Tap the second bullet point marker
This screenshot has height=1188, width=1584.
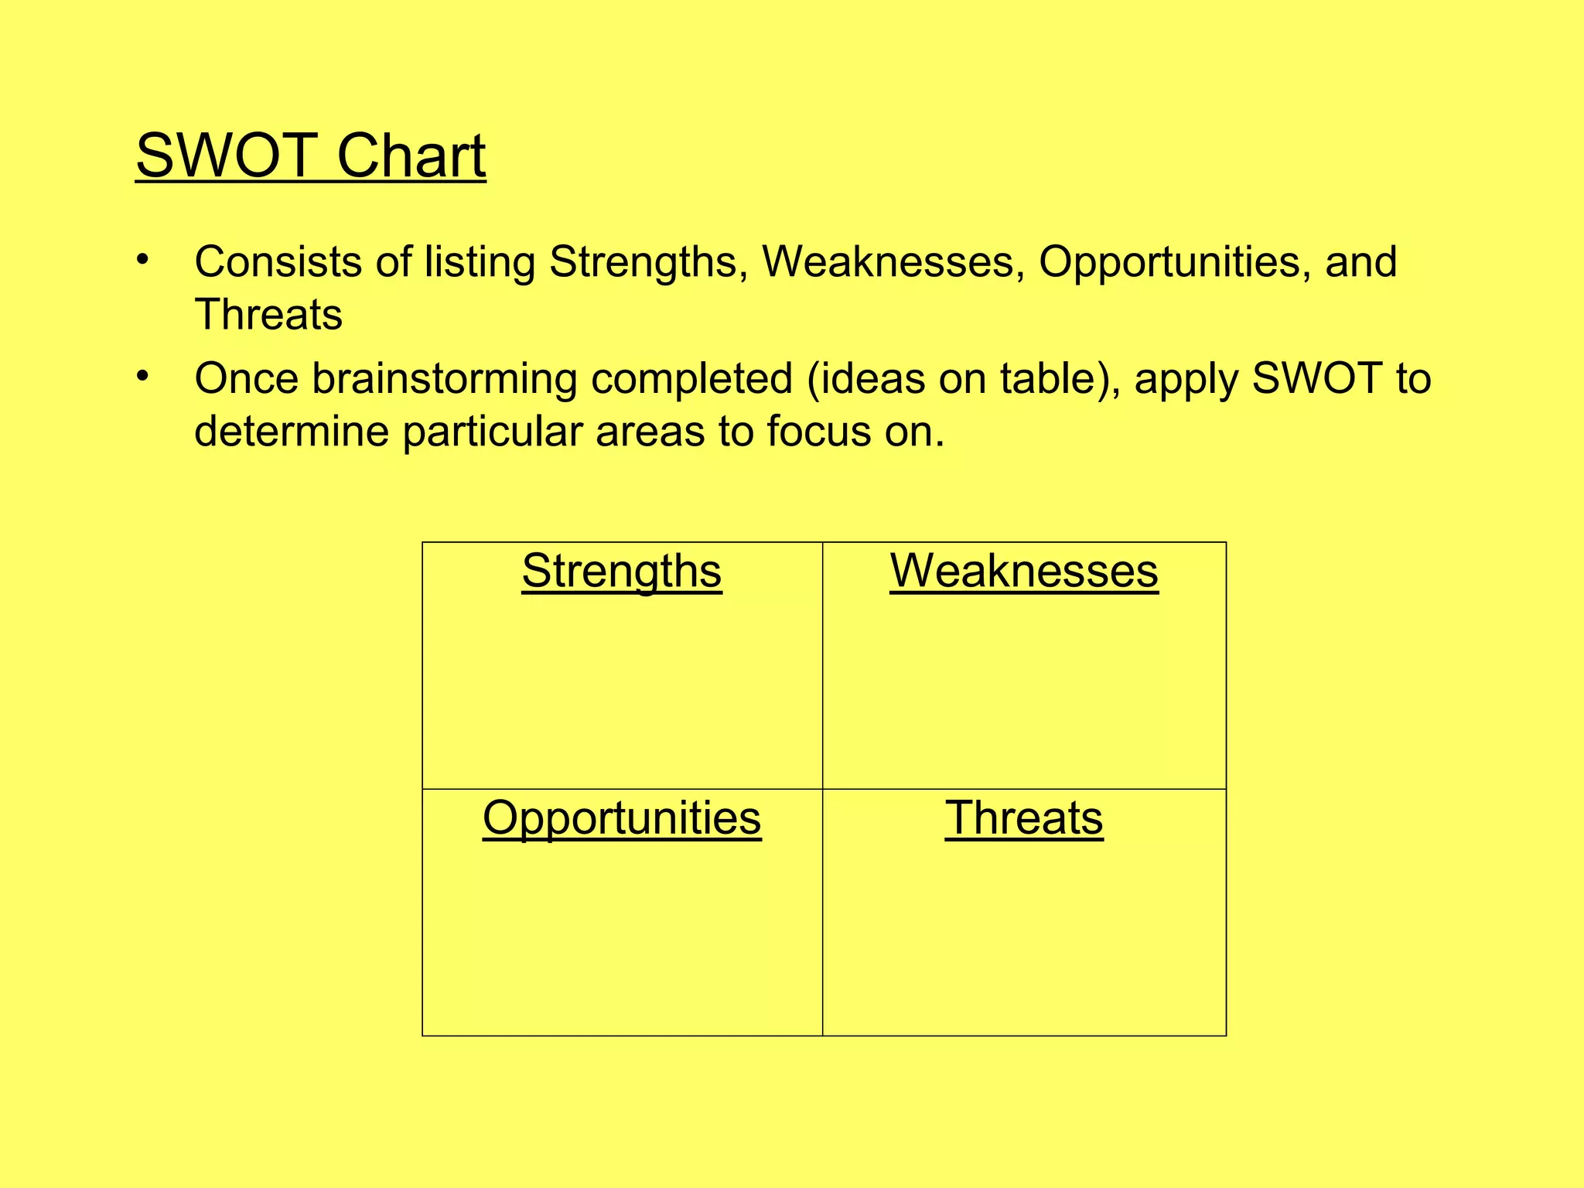[x=142, y=376]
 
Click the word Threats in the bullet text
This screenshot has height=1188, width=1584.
[x=268, y=315]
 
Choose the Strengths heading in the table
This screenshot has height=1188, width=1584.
[x=622, y=572]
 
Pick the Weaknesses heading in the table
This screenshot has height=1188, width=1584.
[x=1024, y=571]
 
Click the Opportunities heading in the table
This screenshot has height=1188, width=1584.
[x=622, y=818]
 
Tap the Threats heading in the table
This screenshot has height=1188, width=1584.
[x=1024, y=818]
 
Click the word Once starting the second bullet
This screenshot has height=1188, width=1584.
[x=246, y=378]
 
